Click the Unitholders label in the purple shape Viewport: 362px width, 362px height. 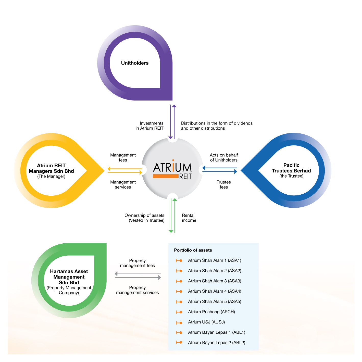point(135,63)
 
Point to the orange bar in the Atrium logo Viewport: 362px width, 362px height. point(166,176)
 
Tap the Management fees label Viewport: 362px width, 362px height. point(123,158)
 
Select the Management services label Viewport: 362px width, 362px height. point(123,185)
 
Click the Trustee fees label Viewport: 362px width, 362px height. point(224,185)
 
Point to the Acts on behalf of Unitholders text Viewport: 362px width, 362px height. point(224,158)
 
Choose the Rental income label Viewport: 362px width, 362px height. point(189,218)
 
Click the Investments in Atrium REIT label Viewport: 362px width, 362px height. point(150,126)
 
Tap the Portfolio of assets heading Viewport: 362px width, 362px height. point(193,250)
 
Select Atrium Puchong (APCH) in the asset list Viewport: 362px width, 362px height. point(211,312)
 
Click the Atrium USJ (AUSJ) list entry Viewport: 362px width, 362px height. point(206,322)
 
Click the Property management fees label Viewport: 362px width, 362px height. point(137,263)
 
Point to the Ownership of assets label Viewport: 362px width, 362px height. point(144,218)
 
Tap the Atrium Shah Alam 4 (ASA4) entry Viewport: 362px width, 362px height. point(215,291)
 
